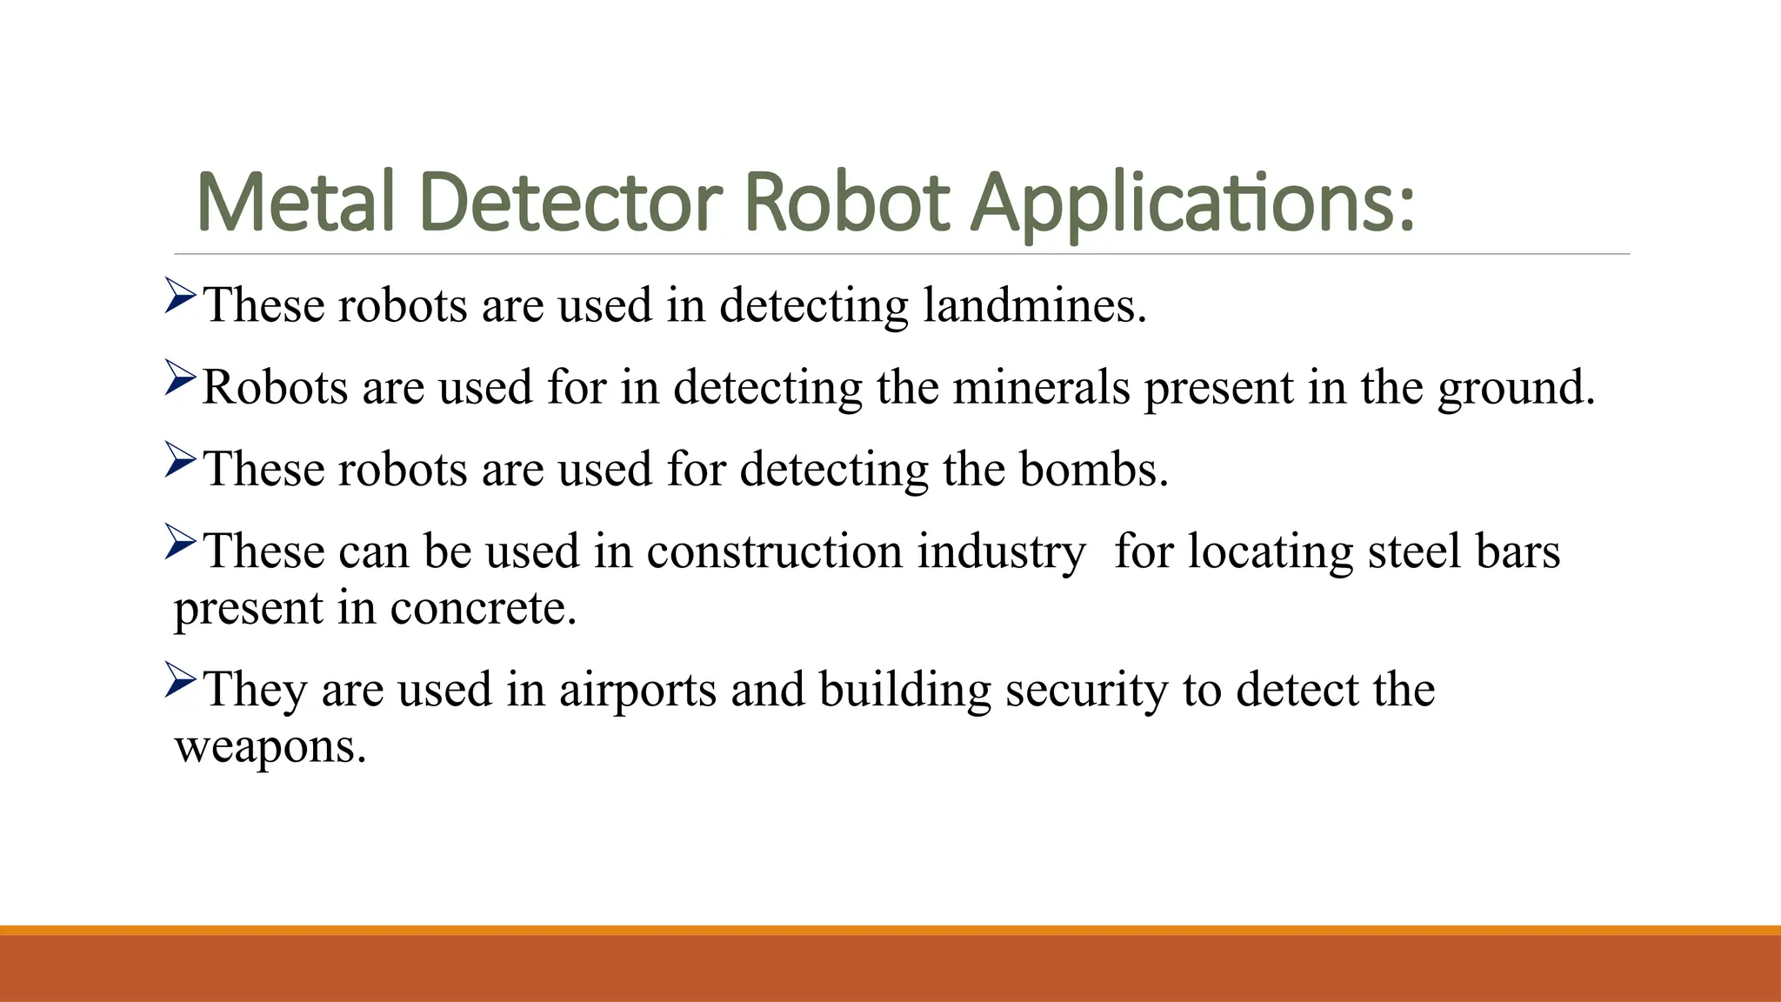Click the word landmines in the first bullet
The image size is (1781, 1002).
pyautogui.click(x=1034, y=305)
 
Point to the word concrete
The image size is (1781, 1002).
pyautogui.click(x=483, y=608)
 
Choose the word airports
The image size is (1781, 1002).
pyautogui.click(x=637, y=691)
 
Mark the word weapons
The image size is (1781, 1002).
pyautogui.click(x=270, y=747)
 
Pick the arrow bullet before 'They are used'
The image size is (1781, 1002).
pyautogui.click(x=180, y=680)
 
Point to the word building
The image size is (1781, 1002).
pyautogui.click(x=904, y=691)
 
